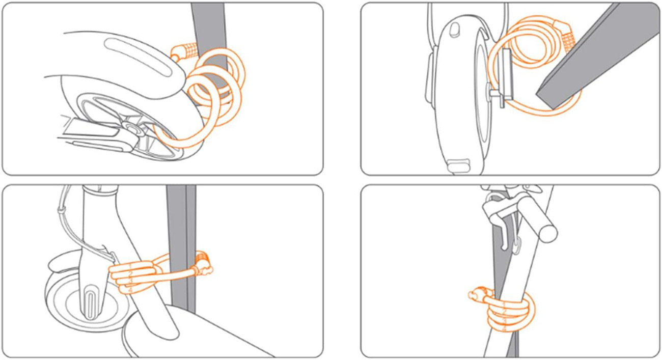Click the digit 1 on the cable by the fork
130,266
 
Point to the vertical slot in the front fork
91,303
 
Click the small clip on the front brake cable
62,210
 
